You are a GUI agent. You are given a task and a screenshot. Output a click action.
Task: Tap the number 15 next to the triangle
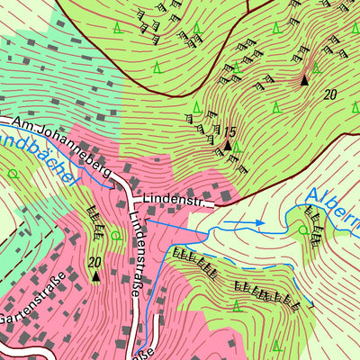point(230,132)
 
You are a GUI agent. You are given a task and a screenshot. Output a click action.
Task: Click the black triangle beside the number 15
point(228,145)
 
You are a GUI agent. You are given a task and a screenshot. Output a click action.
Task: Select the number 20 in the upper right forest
point(330,94)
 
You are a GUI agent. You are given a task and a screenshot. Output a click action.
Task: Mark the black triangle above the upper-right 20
point(304,80)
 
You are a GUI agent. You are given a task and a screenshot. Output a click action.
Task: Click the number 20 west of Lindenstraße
point(94,262)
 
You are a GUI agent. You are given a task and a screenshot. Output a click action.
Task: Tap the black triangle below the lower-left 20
point(95,276)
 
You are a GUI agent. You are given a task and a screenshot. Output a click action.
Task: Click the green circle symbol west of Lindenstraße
point(114,236)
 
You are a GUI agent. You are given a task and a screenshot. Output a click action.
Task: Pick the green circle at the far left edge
point(12,172)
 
